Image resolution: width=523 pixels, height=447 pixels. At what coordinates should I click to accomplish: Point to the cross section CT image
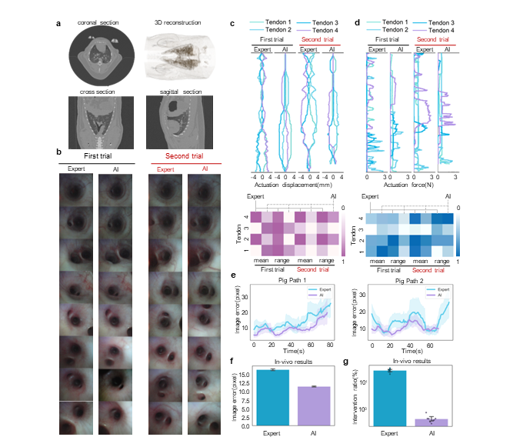pyautogui.click(x=98, y=122)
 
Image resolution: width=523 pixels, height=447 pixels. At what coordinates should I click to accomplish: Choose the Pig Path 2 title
pyautogui.click(x=408, y=282)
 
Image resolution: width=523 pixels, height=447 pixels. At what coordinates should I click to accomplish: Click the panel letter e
pyautogui.click(x=233, y=275)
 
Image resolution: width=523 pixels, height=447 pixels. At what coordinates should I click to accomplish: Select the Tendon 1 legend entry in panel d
pyautogui.click(x=387, y=22)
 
